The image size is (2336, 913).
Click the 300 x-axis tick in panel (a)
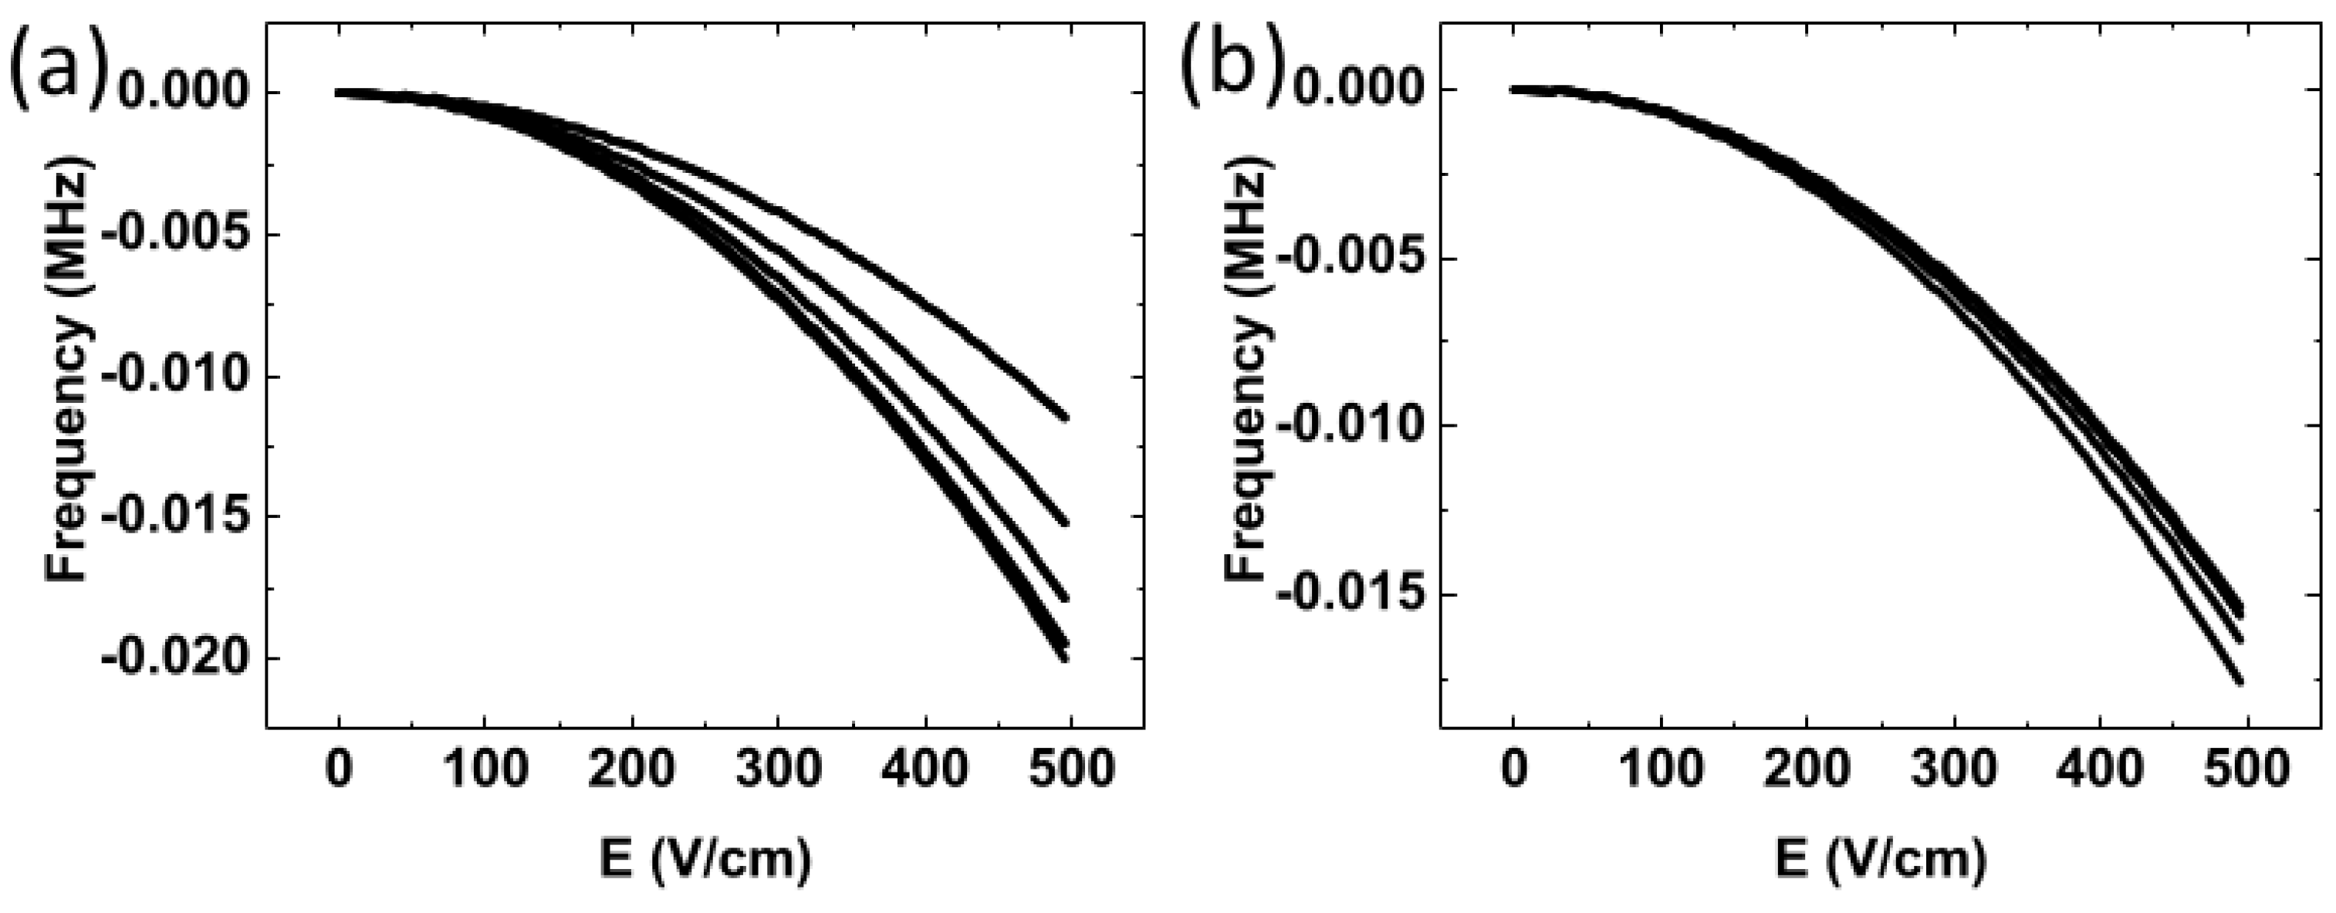coord(778,769)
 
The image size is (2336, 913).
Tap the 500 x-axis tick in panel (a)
coord(1071,769)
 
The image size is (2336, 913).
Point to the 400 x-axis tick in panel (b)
coord(2099,769)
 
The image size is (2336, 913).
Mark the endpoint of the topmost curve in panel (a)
coord(1066,417)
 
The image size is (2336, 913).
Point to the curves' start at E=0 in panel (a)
coord(340,93)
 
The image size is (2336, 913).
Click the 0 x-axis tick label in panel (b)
coord(1513,769)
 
